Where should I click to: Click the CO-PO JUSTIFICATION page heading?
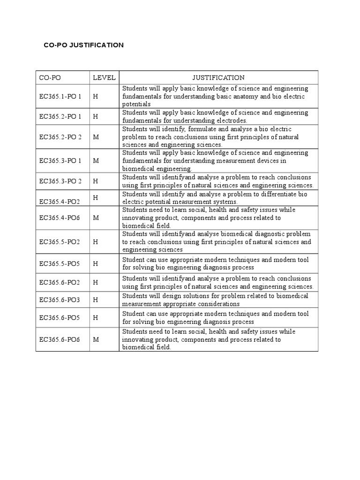click(83, 45)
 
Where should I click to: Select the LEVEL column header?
click(104, 78)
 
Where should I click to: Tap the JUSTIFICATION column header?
click(218, 78)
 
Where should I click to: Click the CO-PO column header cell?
click(50, 78)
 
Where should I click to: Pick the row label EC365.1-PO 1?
click(60, 97)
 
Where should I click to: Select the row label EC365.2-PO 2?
click(60, 137)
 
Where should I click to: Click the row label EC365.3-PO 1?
click(60, 161)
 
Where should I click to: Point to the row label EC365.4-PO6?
click(60, 218)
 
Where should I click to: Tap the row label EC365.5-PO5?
click(60, 263)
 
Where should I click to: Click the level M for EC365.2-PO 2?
click(96, 137)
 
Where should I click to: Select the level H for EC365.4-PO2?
click(95, 198)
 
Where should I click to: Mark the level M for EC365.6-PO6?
click(96, 339)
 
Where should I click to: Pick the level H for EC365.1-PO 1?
click(96, 97)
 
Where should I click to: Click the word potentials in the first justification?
click(136, 104)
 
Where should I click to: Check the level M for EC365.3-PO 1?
click(96, 161)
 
